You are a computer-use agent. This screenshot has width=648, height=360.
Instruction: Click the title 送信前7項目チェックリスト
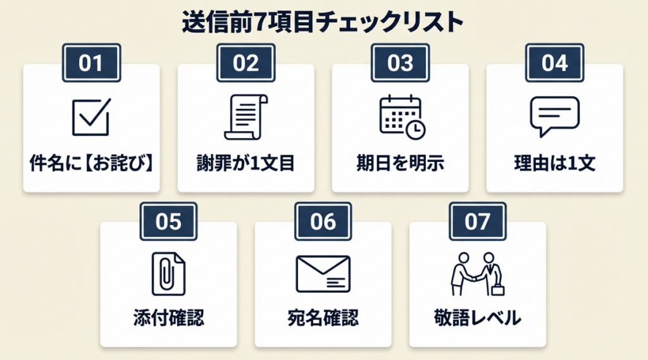tap(323, 22)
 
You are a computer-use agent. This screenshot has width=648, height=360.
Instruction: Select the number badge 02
tap(246, 63)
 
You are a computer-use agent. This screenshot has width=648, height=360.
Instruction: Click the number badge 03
tap(400, 63)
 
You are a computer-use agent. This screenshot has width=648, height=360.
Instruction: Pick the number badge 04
tap(555, 63)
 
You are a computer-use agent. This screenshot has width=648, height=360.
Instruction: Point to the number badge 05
tap(168, 221)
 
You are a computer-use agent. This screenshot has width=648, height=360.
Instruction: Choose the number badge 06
tap(323, 221)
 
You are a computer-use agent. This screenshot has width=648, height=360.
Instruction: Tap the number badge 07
tap(477, 221)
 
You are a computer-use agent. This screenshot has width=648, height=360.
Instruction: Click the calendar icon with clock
tap(401, 116)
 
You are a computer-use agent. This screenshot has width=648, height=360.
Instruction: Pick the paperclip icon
tap(168, 274)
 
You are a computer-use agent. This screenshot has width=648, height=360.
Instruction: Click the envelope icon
tap(323, 274)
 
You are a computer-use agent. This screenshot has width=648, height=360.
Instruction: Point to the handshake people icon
tap(477, 274)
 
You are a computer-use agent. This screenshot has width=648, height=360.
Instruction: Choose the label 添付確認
tap(168, 318)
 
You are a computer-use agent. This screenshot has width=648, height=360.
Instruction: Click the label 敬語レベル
tap(477, 318)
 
